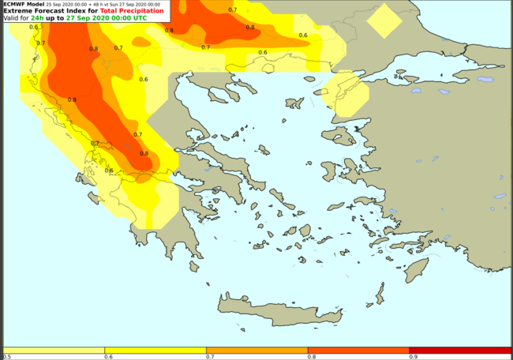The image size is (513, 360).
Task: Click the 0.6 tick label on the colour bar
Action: click(107, 357)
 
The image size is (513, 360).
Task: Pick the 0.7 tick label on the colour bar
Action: click(208, 357)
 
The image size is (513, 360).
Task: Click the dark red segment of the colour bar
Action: click(460, 350)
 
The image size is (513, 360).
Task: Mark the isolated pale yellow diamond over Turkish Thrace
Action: click(384, 21)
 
